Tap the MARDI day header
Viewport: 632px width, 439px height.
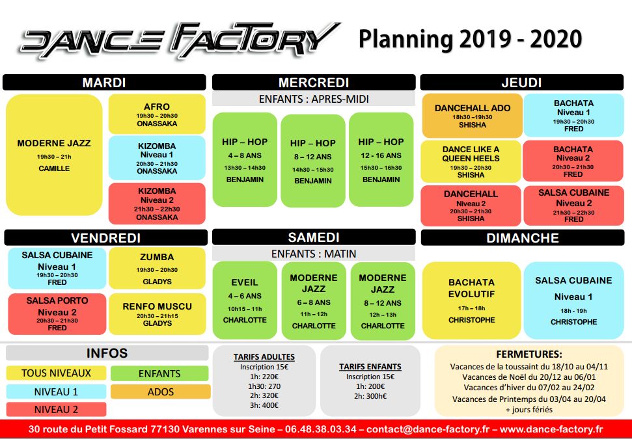coord(104,83)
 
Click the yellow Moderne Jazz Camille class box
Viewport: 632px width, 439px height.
coord(54,155)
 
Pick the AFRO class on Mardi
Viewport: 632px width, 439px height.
coord(156,114)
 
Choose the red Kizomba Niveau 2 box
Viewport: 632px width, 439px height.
coord(156,204)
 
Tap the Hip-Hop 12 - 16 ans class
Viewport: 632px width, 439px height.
coord(381,159)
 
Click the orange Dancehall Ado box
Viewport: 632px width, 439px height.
coord(471,116)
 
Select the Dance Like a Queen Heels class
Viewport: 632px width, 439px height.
coord(471,161)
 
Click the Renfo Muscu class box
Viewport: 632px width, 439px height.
coord(156,313)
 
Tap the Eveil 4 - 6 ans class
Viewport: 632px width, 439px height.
coord(245,300)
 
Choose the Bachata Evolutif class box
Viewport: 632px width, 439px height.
coord(471,300)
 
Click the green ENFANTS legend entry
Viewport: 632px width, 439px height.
coord(159,373)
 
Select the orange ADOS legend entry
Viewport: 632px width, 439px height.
coord(160,392)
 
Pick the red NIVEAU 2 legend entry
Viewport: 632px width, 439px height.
coord(56,410)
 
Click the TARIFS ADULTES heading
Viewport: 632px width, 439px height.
coord(264,356)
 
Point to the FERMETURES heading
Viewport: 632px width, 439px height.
coord(529,354)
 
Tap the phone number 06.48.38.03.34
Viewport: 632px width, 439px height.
coord(324,429)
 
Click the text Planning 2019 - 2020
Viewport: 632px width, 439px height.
coord(470,39)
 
